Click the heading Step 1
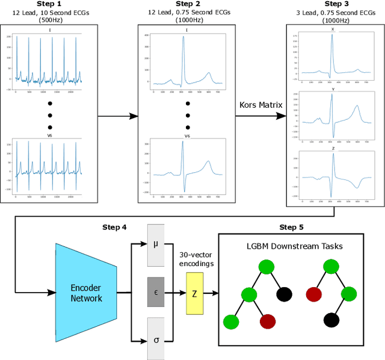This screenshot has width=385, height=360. coord(50,4)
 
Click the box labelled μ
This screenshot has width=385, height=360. coord(156,244)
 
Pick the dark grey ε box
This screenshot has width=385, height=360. coord(156,293)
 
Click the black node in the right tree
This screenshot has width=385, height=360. coord(330,319)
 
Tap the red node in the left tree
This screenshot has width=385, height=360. coord(267,321)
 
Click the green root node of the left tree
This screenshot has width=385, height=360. coord(267,267)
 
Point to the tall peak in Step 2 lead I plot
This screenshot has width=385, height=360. coord(183,38)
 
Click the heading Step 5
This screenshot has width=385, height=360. coord(292,228)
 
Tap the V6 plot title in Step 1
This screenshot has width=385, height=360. coord(50,136)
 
